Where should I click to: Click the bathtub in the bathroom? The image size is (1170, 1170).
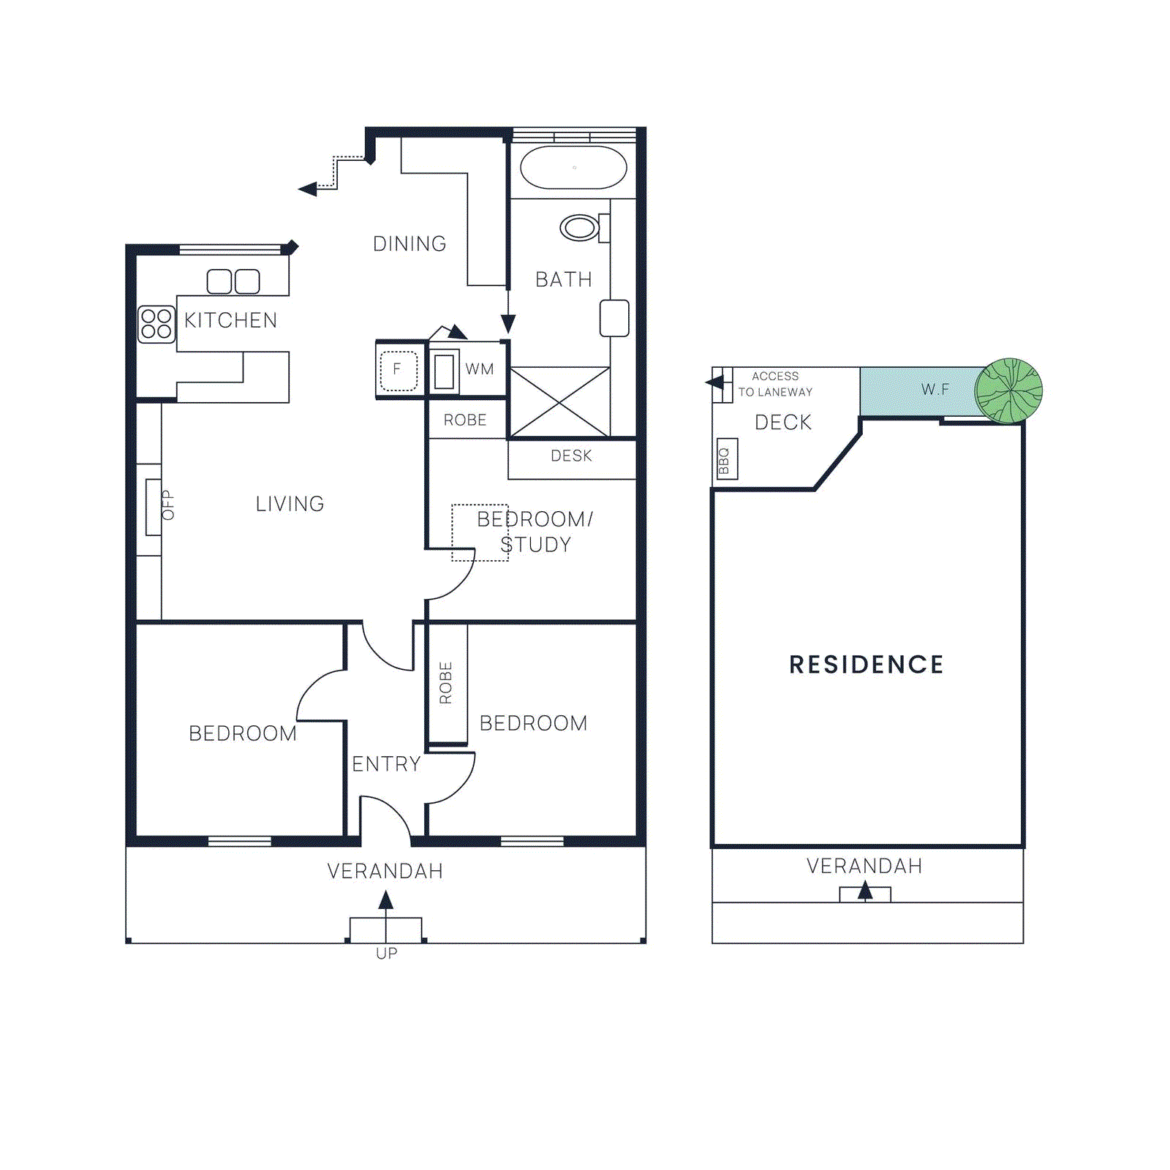(x=573, y=167)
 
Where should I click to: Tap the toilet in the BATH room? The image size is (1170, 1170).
(x=581, y=227)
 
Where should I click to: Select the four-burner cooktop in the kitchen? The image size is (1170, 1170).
(x=156, y=324)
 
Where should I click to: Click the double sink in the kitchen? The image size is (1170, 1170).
(x=233, y=281)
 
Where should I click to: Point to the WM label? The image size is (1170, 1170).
(x=480, y=369)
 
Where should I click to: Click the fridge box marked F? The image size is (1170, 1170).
(x=398, y=370)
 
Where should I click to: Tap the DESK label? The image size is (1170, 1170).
(x=571, y=456)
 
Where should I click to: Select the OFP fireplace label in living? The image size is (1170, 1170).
(x=168, y=505)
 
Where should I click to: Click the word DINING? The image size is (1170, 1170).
(x=409, y=244)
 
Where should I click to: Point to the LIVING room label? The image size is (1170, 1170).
(x=290, y=504)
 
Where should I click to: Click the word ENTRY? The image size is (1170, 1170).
(x=386, y=764)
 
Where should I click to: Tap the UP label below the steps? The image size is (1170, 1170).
(x=386, y=954)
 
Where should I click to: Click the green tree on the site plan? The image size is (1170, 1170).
(x=1009, y=390)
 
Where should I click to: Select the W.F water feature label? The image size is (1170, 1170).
(x=935, y=389)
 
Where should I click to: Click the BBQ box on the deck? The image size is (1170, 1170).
(x=726, y=459)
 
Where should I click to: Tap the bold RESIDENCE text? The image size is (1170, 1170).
(x=867, y=665)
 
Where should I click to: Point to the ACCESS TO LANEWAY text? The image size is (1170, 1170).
(x=775, y=384)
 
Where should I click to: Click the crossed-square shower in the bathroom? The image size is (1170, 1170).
(x=559, y=402)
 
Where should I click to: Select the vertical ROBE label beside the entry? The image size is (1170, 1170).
(x=445, y=683)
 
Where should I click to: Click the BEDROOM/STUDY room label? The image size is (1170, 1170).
(x=535, y=532)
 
